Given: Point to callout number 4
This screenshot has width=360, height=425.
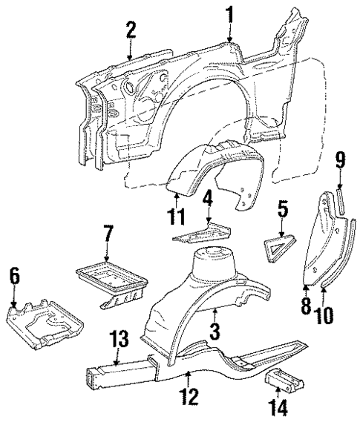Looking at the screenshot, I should pyautogui.click(x=209, y=199).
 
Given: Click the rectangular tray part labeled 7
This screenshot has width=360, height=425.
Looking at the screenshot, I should pyautogui.click(x=111, y=278).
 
